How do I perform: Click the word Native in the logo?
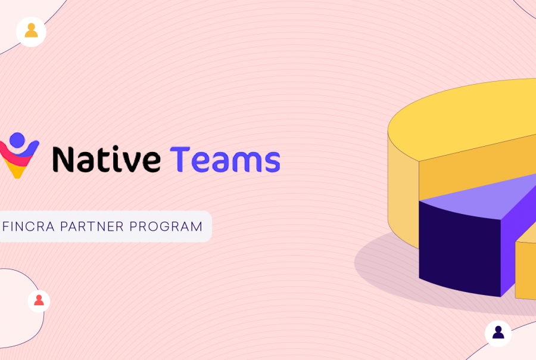(x=107, y=159)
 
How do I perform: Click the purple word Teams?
(x=225, y=159)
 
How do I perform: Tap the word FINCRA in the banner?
(x=29, y=226)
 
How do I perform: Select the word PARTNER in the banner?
(x=92, y=226)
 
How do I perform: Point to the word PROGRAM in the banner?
(x=166, y=226)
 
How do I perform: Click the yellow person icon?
(x=31, y=30)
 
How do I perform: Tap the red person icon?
(x=39, y=300)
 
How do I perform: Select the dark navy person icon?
(x=498, y=332)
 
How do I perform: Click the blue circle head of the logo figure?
(x=17, y=140)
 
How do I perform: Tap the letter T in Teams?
(x=180, y=159)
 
